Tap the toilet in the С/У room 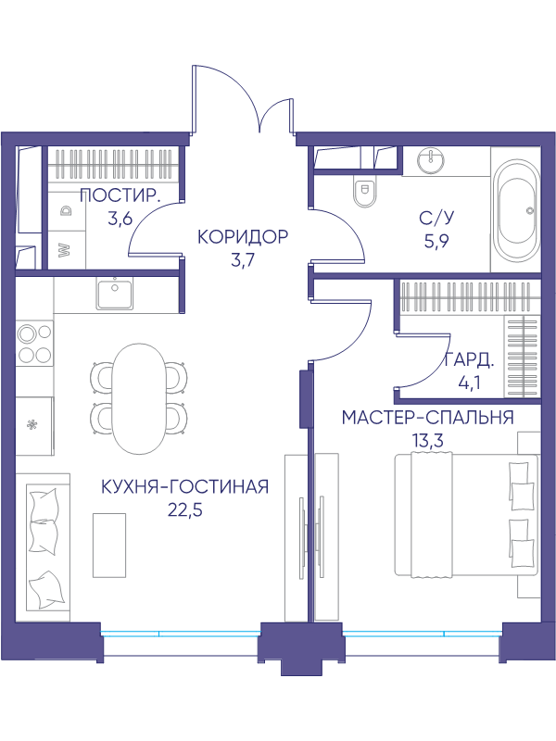tap(365, 192)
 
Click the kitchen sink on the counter tap(115, 293)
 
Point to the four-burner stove tap(34, 343)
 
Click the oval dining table tap(139, 398)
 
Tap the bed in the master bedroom tap(466, 516)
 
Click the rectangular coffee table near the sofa tap(109, 545)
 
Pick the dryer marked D tap(67, 210)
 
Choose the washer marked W tap(67, 249)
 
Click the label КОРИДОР tap(243, 237)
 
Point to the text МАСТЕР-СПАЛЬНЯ tap(428, 418)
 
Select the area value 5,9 tap(436, 242)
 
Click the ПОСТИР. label tap(120, 195)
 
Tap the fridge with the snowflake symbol tap(34, 425)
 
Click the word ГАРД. tap(470, 362)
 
